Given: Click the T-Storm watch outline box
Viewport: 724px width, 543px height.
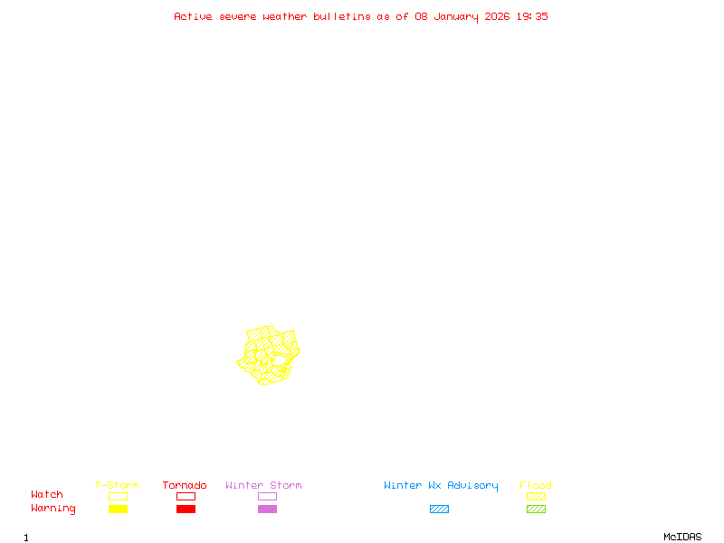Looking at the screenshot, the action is pos(118,496).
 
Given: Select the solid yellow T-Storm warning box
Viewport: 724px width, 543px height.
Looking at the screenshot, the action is pos(118,509).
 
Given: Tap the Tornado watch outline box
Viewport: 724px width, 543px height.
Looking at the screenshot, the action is pos(186,496).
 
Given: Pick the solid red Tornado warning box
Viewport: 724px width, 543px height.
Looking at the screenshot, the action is pos(186,509).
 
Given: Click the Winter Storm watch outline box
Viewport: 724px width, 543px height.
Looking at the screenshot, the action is pos(267,496).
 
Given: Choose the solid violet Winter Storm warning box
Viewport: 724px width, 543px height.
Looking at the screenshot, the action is pos(267,509).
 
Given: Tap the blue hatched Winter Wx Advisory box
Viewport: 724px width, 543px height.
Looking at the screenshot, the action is pos(439,509).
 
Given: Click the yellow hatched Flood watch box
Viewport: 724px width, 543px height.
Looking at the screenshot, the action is pos(536,496).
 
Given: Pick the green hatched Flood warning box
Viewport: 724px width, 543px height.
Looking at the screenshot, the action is pos(536,509).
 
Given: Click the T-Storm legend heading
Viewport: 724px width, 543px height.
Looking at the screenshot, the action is pos(117,485).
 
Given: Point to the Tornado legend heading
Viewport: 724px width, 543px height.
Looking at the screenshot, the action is pos(185,485).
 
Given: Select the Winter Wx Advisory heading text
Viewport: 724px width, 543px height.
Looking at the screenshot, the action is pos(441,485).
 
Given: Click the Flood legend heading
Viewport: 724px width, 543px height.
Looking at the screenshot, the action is pos(536,485).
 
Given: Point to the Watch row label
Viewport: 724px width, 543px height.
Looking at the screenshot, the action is pos(47,495).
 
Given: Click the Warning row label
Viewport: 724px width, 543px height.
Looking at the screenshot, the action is pos(53,509).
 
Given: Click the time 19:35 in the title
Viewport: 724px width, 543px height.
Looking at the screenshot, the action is pos(532,16).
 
